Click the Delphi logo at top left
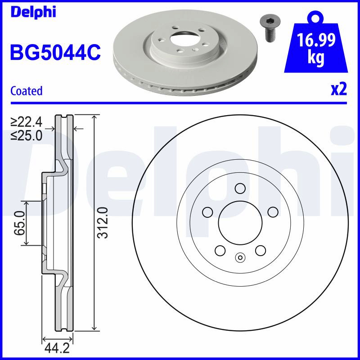[33, 12]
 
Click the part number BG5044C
[55, 52]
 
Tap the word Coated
[27, 91]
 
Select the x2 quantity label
[339, 89]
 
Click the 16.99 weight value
[316, 40]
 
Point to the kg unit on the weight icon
[316, 58]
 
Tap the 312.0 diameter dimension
[102, 222]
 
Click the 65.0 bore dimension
[19, 223]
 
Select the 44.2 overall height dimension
[57, 348]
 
